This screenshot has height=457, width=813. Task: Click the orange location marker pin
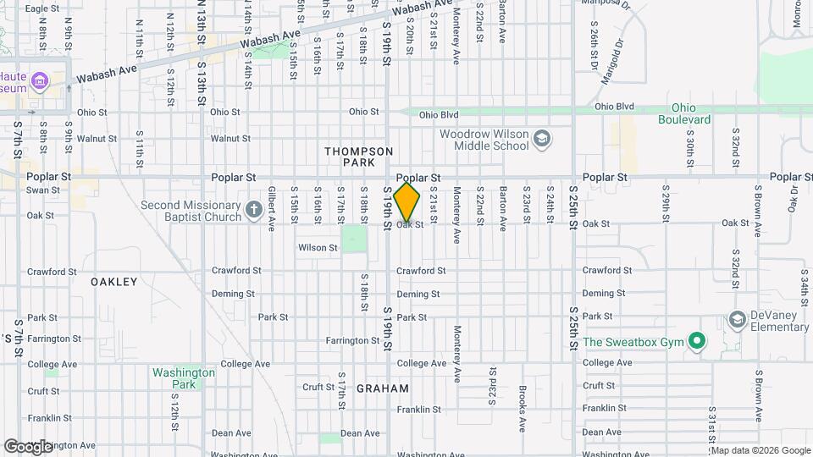(x=407, y=202)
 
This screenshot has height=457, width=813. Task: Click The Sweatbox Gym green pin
(x=697, y=342)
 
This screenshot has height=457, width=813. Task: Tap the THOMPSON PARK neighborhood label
(x=359, y=157)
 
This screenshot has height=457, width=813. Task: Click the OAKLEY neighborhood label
(x=113, y=282)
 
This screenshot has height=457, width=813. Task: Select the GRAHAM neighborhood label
(x=383, y=389)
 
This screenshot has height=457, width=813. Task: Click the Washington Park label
(x=183, y=378)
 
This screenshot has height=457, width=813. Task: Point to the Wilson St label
(x=318, y=248)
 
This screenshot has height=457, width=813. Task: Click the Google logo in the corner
(x=28, y=446)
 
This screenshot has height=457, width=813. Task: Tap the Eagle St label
(x=41, y=8)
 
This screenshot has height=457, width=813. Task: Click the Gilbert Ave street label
(x=272, y=208)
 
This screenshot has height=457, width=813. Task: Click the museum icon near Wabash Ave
(x=39, y=82)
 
